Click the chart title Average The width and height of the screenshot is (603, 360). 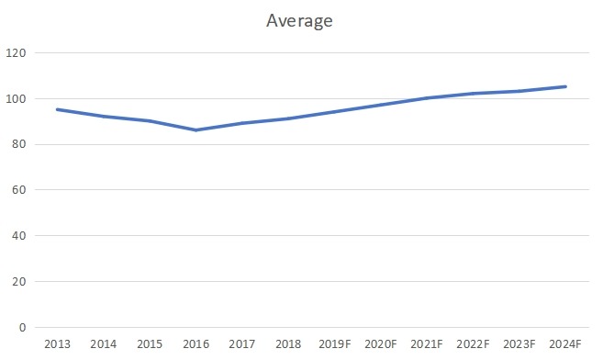(298, 20)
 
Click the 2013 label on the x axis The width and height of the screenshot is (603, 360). (57, 344)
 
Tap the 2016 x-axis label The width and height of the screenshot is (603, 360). (195, 344)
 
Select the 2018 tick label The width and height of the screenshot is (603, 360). (288, 344)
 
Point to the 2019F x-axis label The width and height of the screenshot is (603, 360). (334, 344)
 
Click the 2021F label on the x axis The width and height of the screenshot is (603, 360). (427, 344)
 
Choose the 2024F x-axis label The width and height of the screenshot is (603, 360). (565, 344)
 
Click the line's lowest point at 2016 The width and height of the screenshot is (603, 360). (195, 130)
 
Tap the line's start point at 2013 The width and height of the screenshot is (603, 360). (57, 109)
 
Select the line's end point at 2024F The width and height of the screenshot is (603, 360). (565, 86)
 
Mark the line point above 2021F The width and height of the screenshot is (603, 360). (427, 98)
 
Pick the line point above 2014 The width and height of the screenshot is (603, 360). (103, 117)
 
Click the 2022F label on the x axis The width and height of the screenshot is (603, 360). (473, 344)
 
